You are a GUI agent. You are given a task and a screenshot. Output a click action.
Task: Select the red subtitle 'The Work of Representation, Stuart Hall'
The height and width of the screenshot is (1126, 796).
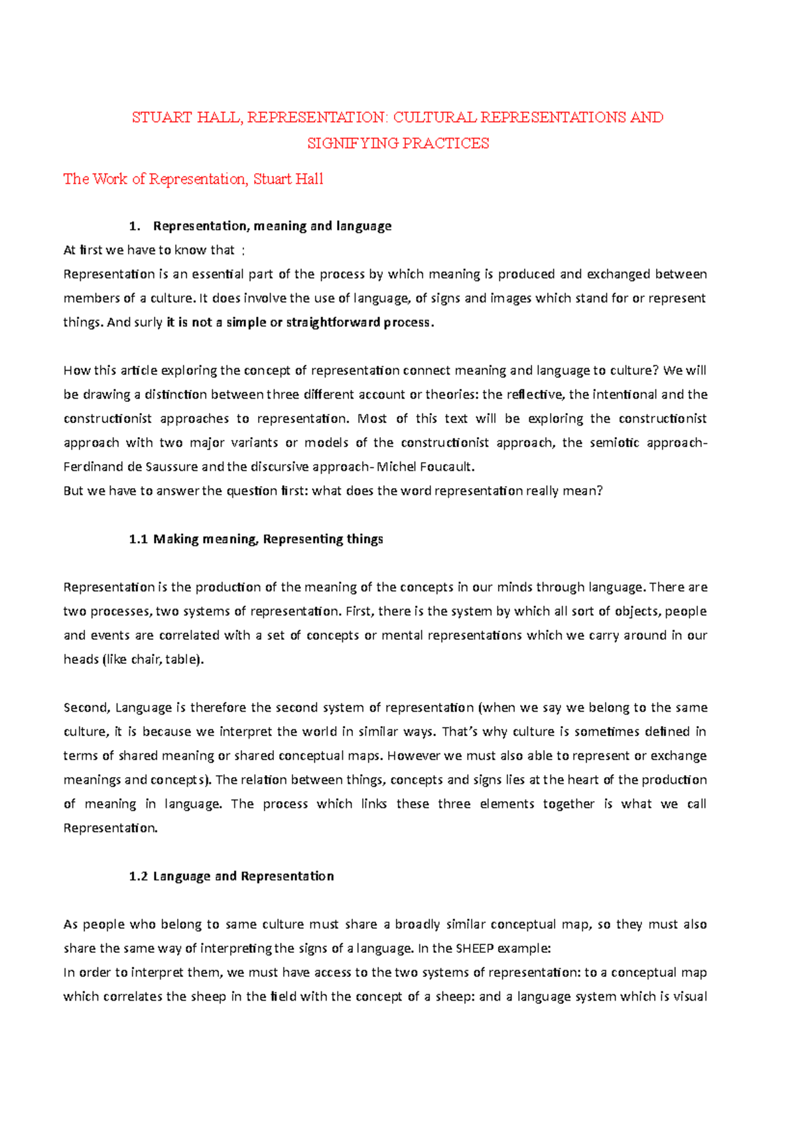click(193, 179)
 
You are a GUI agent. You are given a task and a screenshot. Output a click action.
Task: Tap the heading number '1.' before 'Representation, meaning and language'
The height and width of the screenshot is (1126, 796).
click(135, 226)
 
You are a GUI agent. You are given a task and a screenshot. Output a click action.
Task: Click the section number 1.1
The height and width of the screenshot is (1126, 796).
click(138, 539)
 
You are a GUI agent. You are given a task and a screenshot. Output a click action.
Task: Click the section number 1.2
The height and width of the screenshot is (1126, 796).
click(138, 877)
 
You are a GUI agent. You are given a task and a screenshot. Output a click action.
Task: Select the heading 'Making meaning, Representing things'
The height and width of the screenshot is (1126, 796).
click(268, 539)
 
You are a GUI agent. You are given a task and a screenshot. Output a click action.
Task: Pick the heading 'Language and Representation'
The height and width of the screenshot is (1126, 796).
click(243, 877)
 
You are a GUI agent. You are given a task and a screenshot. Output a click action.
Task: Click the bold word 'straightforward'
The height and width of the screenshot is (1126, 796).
click(324, 323)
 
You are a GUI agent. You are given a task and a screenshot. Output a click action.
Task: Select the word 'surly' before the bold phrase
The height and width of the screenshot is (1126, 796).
click(149, 323)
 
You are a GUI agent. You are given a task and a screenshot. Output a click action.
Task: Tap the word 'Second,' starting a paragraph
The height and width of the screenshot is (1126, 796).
click(86, 708)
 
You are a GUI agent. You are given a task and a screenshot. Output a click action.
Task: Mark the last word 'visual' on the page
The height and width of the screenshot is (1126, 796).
click(690, 997)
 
